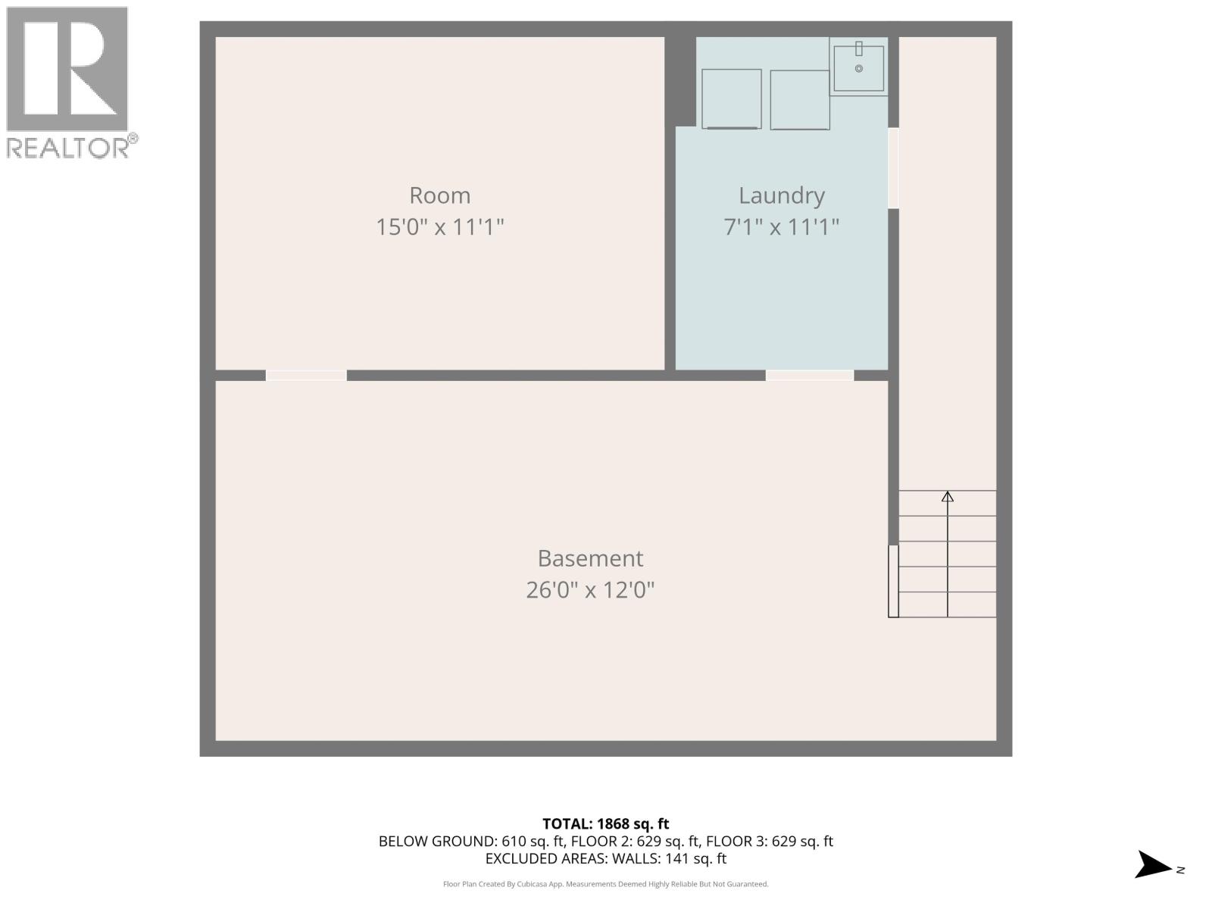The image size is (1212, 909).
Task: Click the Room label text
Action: point(439,195)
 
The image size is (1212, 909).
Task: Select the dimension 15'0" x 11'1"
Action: point(439,226)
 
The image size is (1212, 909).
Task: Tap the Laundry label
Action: point(781,195)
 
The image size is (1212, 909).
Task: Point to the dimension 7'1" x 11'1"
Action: point(781,226)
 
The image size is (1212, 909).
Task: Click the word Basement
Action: point(590,558)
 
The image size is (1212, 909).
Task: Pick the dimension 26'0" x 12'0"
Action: point(590,589)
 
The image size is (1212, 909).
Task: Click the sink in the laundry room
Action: point(858,67)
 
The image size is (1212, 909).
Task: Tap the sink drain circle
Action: point(858,69)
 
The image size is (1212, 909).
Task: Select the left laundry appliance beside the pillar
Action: point(731,98)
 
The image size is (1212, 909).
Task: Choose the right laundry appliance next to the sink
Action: point(799,99)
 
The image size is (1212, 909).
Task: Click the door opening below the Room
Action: point(306,376)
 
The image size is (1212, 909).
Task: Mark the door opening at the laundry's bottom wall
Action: point(809,376)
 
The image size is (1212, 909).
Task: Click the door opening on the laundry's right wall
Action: point(893,168)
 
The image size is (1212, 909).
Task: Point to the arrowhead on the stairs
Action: point(947,497)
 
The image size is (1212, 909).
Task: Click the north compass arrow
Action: point(1153,865)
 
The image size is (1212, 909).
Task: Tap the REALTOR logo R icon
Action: point(67,70)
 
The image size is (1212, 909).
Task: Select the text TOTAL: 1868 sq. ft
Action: point(605,823)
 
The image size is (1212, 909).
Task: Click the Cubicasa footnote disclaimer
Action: point(605,884)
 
